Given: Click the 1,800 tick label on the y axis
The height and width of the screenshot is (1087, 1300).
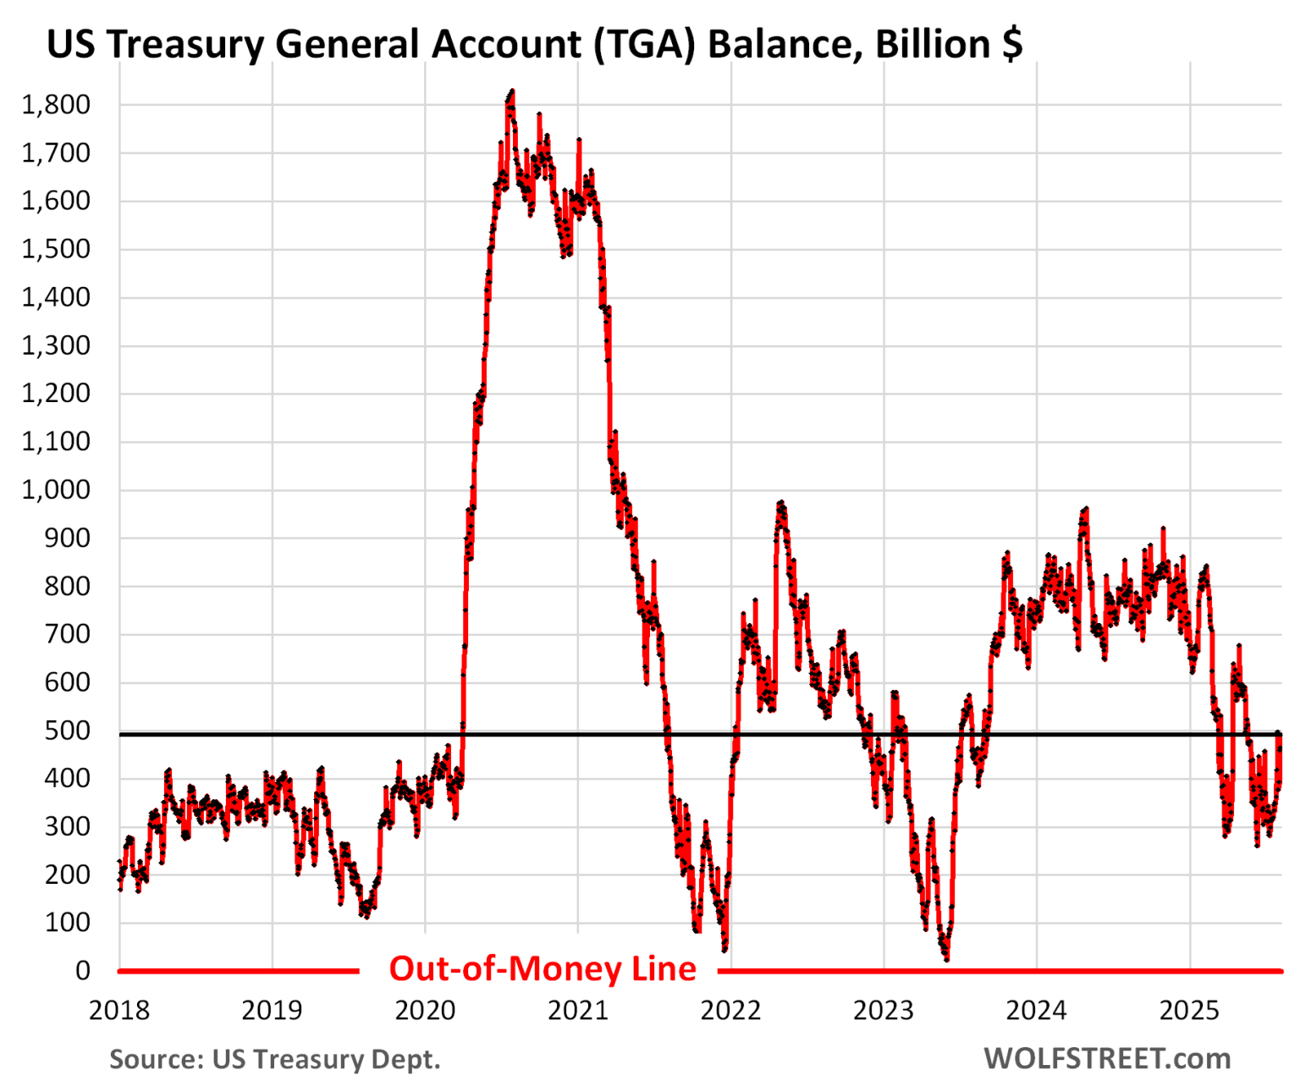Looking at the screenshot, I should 56,105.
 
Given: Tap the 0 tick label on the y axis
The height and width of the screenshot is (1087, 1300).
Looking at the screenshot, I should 83,970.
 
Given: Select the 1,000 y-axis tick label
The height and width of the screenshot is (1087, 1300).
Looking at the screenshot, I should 56,490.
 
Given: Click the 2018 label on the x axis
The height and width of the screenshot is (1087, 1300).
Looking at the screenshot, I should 119,1010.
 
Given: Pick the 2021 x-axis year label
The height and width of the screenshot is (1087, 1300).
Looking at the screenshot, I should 578,1010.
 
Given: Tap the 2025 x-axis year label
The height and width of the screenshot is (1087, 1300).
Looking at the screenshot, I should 1190,1010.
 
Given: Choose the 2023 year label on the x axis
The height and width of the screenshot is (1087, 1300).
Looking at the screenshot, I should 884,1010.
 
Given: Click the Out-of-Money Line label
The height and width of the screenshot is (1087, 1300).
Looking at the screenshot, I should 543,968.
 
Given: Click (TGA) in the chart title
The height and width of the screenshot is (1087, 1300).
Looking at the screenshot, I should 644,44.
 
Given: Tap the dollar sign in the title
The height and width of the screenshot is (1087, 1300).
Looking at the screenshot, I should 1011,44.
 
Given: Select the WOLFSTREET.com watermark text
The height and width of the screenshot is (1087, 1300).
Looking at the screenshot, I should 1107,1058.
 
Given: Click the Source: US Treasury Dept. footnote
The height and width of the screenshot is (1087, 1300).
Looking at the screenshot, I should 275,1059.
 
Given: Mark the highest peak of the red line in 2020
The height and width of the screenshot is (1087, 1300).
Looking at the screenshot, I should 511,91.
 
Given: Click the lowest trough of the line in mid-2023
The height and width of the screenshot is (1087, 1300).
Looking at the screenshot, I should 946,959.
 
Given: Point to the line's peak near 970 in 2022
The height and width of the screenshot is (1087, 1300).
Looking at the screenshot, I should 781,503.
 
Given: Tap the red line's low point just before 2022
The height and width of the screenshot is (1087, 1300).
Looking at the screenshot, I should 724,949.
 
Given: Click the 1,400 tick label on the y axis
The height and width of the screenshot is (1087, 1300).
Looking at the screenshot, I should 56,297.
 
